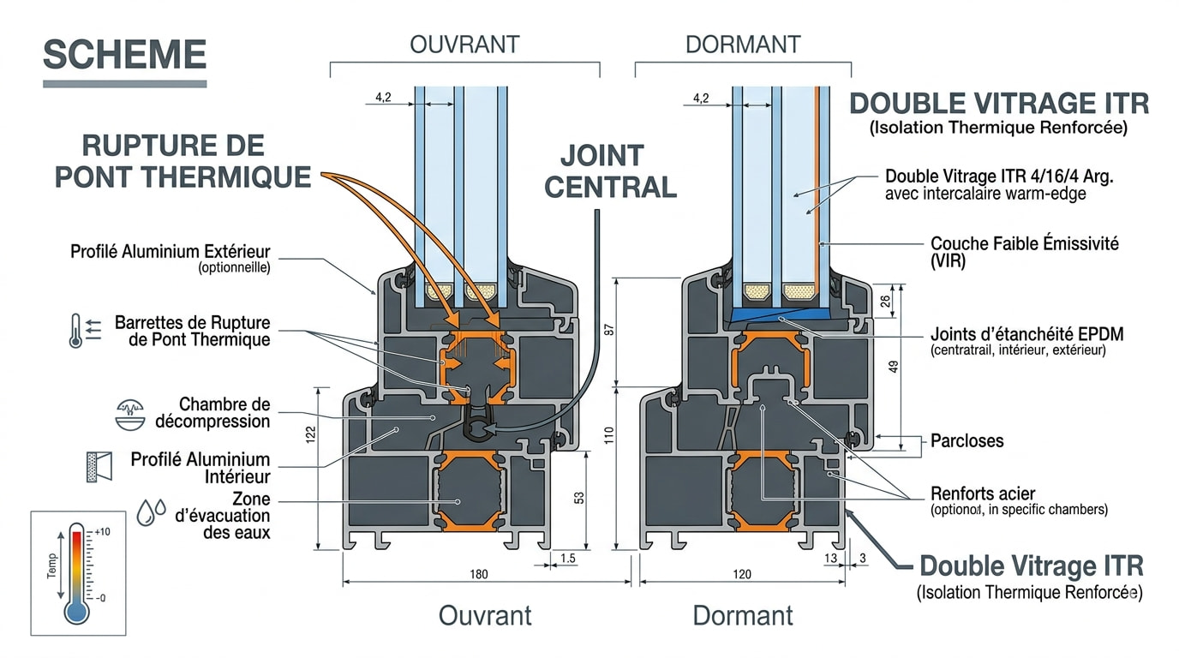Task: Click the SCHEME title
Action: [x=124, y=55]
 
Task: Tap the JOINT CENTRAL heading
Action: [x=610, y=170]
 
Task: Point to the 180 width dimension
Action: [x=479, y=573]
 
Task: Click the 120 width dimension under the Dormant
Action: [x=742, y=573]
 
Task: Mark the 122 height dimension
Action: [x=310, y=434]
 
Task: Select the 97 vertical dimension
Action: [x=609, y=330]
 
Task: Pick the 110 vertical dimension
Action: [x=609, y=434]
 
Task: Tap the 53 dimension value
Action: [x=578, y=496]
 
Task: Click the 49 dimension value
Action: [x=894, y=367]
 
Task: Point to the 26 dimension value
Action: [x=886, y=300]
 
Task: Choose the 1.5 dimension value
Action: [x=567, y=559]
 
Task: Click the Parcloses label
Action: [x=967, y=441]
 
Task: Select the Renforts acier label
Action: [x=983, y=493]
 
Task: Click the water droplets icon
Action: [x=153, y=511]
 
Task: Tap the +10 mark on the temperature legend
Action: [x=101, y=532]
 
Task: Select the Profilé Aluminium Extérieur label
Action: [x=170, y=251]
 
